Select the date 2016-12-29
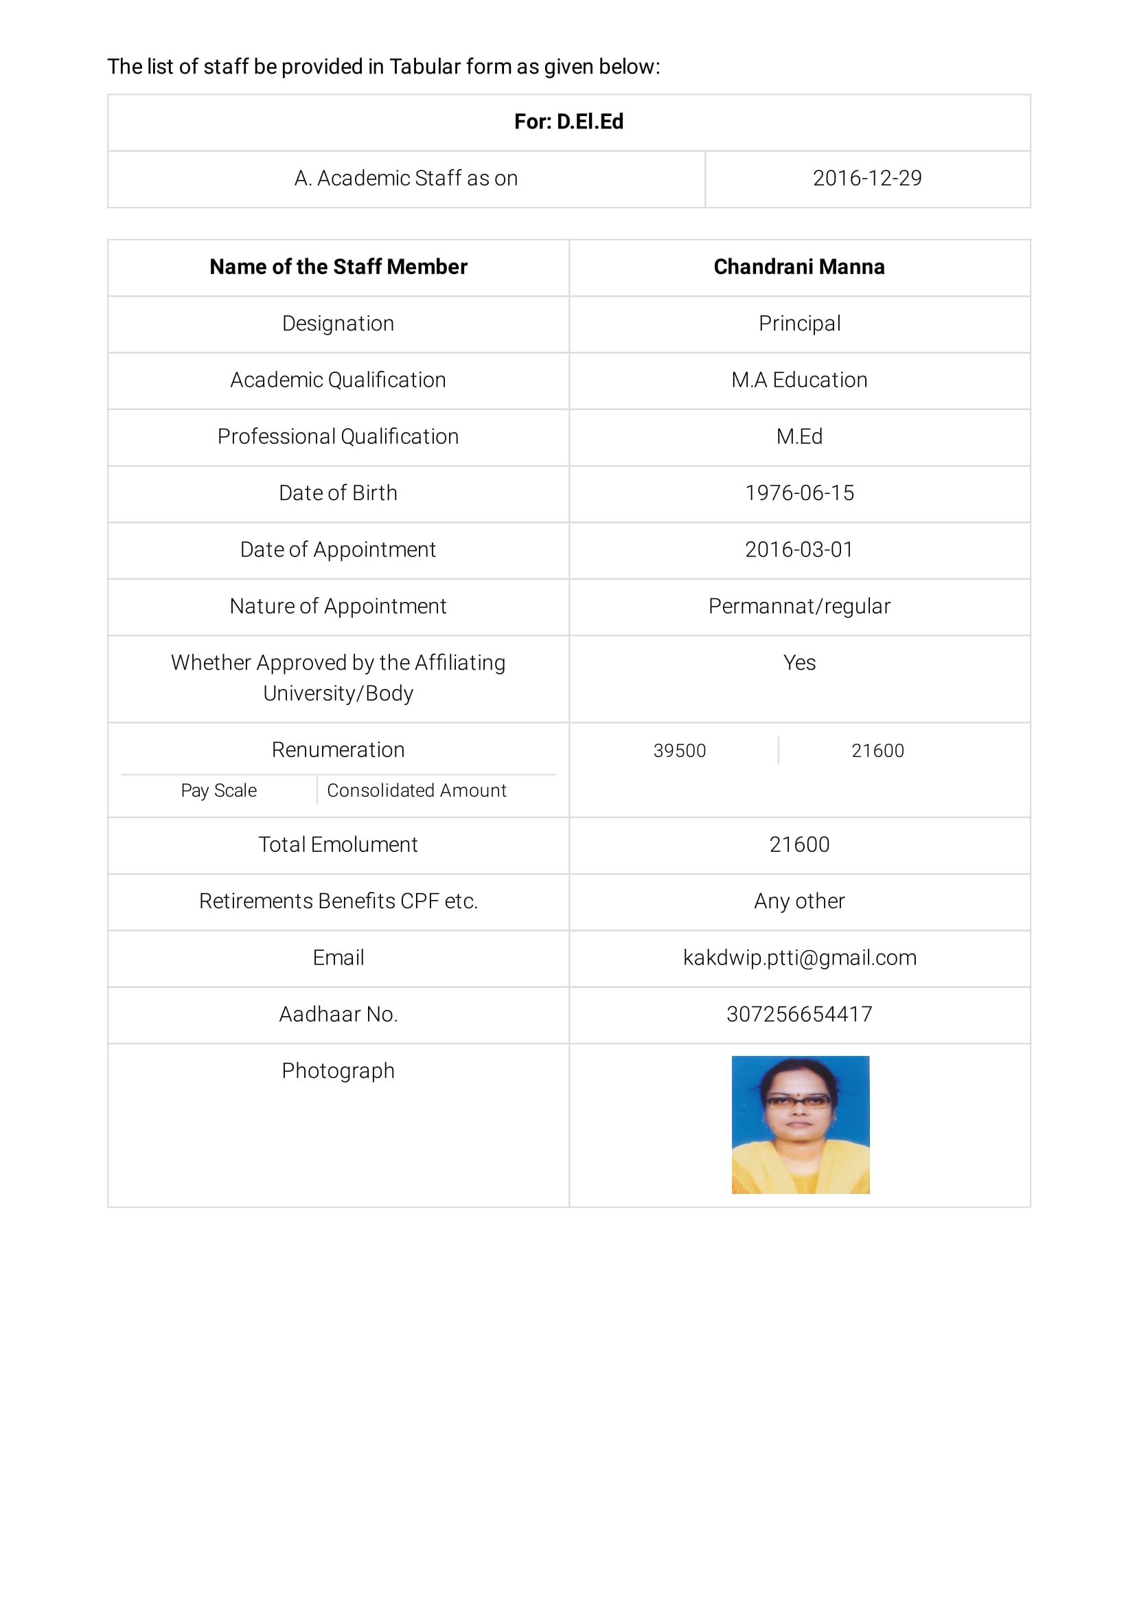[866, 179]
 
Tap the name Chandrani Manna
[799, 267]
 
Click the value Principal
[799, 324]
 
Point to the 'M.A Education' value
[799, 381]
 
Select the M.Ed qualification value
[799, 436]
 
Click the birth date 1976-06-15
[799, 493]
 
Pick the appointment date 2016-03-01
[799, 550]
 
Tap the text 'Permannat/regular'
[799, 606]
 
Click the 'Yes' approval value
[799, 663]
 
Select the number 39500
[679, 751]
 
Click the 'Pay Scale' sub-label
[218, 791]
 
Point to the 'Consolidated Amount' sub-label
[416, 791]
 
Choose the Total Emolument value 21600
[799, 844]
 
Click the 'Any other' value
[799, 901]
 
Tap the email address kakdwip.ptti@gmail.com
[799, 958]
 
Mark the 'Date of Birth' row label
[338, 493]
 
